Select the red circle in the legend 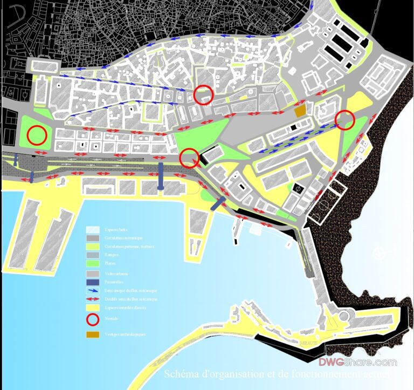[93, 320]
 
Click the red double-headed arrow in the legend [93, 299]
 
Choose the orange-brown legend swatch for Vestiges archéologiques [93, 334]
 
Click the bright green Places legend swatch [93, 264]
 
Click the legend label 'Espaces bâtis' [116, 230]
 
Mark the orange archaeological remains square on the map [300, 111]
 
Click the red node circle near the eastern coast [345, 120]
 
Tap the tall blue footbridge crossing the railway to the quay [161, 175]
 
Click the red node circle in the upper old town [204, 94]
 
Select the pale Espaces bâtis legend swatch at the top [93, 230]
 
